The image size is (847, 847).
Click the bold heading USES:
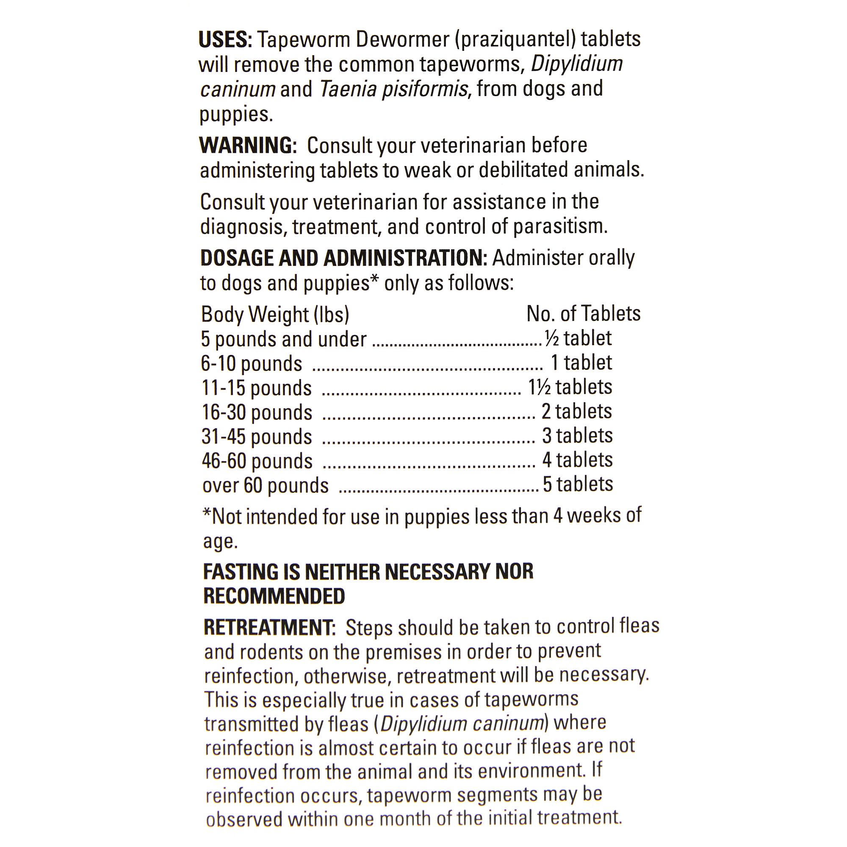point(225,40)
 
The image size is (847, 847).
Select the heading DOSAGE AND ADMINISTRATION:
point(343,258)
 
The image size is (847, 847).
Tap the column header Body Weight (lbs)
point(275,314)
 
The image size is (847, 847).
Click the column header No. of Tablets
point(583,314)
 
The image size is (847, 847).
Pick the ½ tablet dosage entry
point(578,338)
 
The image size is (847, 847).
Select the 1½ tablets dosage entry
point(570,388)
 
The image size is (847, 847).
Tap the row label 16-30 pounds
point(257,412)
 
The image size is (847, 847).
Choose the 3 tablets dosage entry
point(577,436)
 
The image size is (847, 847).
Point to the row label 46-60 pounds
point(257,461)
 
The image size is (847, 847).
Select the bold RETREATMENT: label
point(269,628)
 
